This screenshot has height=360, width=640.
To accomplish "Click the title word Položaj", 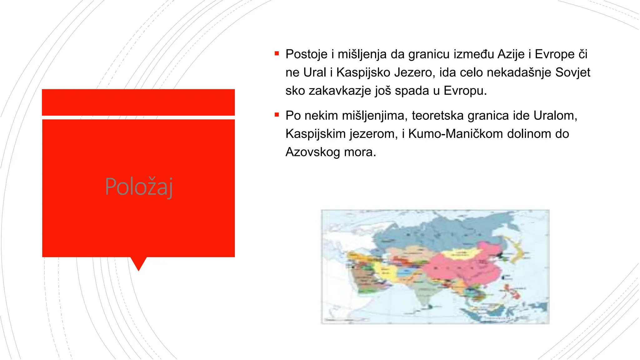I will [139, 187].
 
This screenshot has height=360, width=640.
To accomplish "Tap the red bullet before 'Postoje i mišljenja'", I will [277, 54].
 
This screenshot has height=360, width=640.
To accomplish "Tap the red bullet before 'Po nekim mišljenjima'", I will [277, 115].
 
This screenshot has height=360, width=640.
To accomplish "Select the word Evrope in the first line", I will [554, 54].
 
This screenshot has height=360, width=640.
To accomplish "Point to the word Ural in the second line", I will [315, 72].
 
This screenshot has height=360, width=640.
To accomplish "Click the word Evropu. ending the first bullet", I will [465, 91].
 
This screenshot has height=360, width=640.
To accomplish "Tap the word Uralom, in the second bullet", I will [555, 116].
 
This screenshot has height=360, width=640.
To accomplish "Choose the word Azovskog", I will [312, 152].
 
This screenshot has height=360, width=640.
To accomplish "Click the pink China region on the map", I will [462, 269].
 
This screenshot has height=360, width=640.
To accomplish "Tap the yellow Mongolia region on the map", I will [459, 253].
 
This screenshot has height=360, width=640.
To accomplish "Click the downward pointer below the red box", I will [138, 263].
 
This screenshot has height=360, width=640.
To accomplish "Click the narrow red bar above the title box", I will [138, 102].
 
